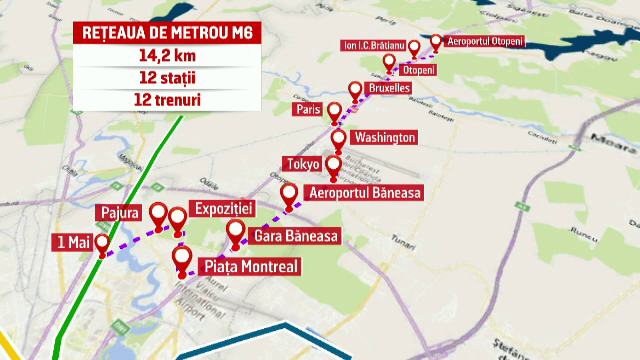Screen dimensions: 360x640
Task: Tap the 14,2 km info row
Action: coord(166,57)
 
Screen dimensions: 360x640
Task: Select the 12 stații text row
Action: coord(166,78)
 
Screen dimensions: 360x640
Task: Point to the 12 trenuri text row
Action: coord(166,99)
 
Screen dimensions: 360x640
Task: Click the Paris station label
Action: coord(307,108)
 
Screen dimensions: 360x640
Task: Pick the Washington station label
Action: coord(384,137)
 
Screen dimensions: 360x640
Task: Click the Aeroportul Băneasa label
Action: coord(365,191)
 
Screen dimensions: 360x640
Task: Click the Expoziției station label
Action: coord(227,204)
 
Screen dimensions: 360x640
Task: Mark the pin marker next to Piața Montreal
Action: coord(182,259)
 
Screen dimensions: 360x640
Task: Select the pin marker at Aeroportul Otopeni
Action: coord(435,41)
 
